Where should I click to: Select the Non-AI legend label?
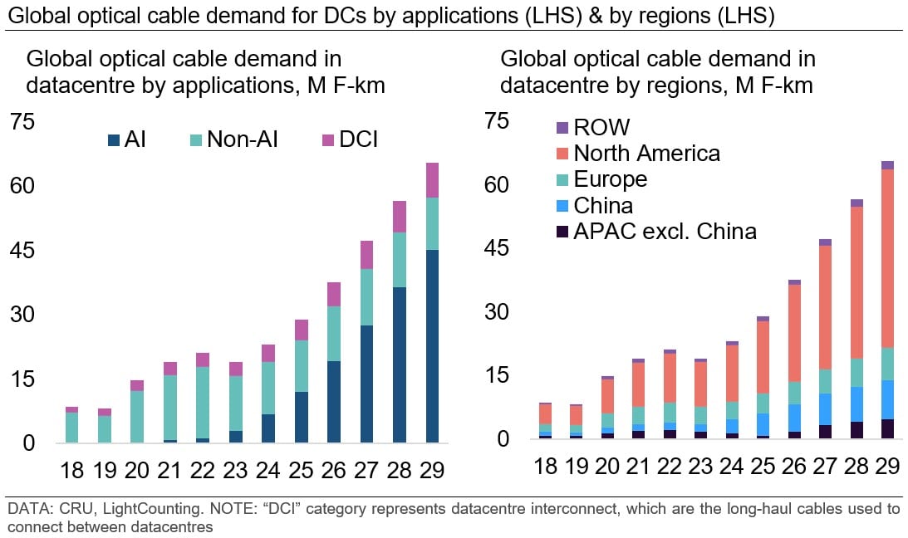click(x=242, y=139)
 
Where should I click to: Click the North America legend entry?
click(x=646, y=154)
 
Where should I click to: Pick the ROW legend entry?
click(x=601, y=127)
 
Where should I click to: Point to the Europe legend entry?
click(x=610, y=179)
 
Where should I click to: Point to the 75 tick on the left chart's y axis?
click(x=22, y=122)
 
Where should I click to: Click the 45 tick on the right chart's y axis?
click(x=495, y=249)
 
